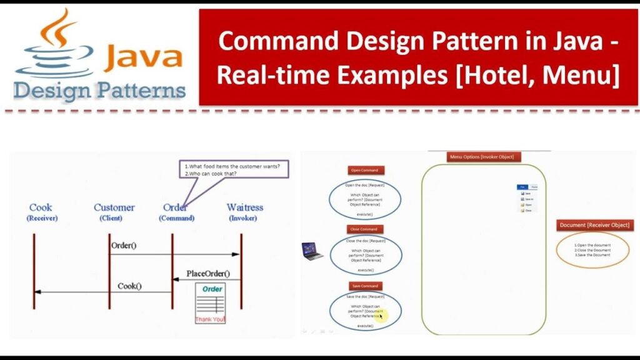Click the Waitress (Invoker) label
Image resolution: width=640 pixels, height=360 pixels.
[x=244, y=212]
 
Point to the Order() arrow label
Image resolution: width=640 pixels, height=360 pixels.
[x=124, y=245]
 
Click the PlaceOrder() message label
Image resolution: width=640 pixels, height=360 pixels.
[x=207, y=274]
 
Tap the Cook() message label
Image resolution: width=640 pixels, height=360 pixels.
[x=129, y=286]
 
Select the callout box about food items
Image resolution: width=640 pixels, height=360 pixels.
[x=234, y=170]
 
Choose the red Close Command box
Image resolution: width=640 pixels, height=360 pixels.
[x=363, y=229]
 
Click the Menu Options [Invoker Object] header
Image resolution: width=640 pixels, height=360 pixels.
[x=481, y=157]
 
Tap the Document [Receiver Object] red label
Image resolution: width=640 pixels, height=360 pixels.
[x=594, y=225]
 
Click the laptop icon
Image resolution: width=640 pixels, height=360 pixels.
[x=312, y=251]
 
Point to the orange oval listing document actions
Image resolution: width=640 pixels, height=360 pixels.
[x=592, y=250]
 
